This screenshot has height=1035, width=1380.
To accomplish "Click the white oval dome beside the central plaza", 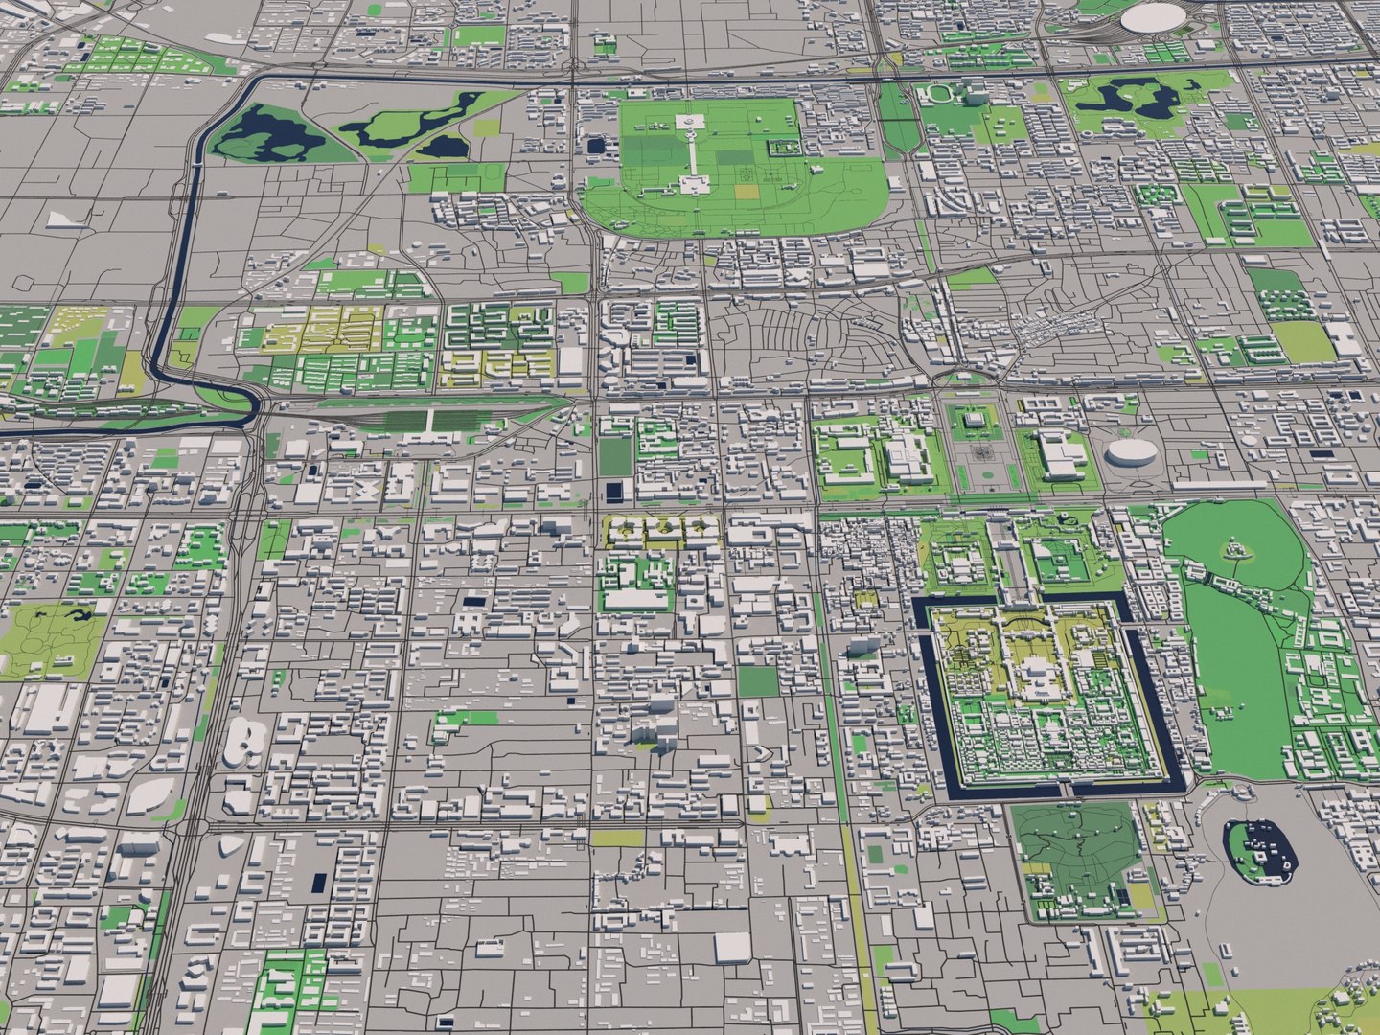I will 1130,452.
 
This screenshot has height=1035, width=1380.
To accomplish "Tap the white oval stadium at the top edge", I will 1153,16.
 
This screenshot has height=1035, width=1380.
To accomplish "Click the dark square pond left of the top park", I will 597,147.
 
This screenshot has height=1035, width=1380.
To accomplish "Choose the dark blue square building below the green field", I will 612,493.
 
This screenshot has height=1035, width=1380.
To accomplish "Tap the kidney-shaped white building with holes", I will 246,743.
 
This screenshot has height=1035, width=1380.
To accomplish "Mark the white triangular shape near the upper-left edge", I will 59,219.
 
